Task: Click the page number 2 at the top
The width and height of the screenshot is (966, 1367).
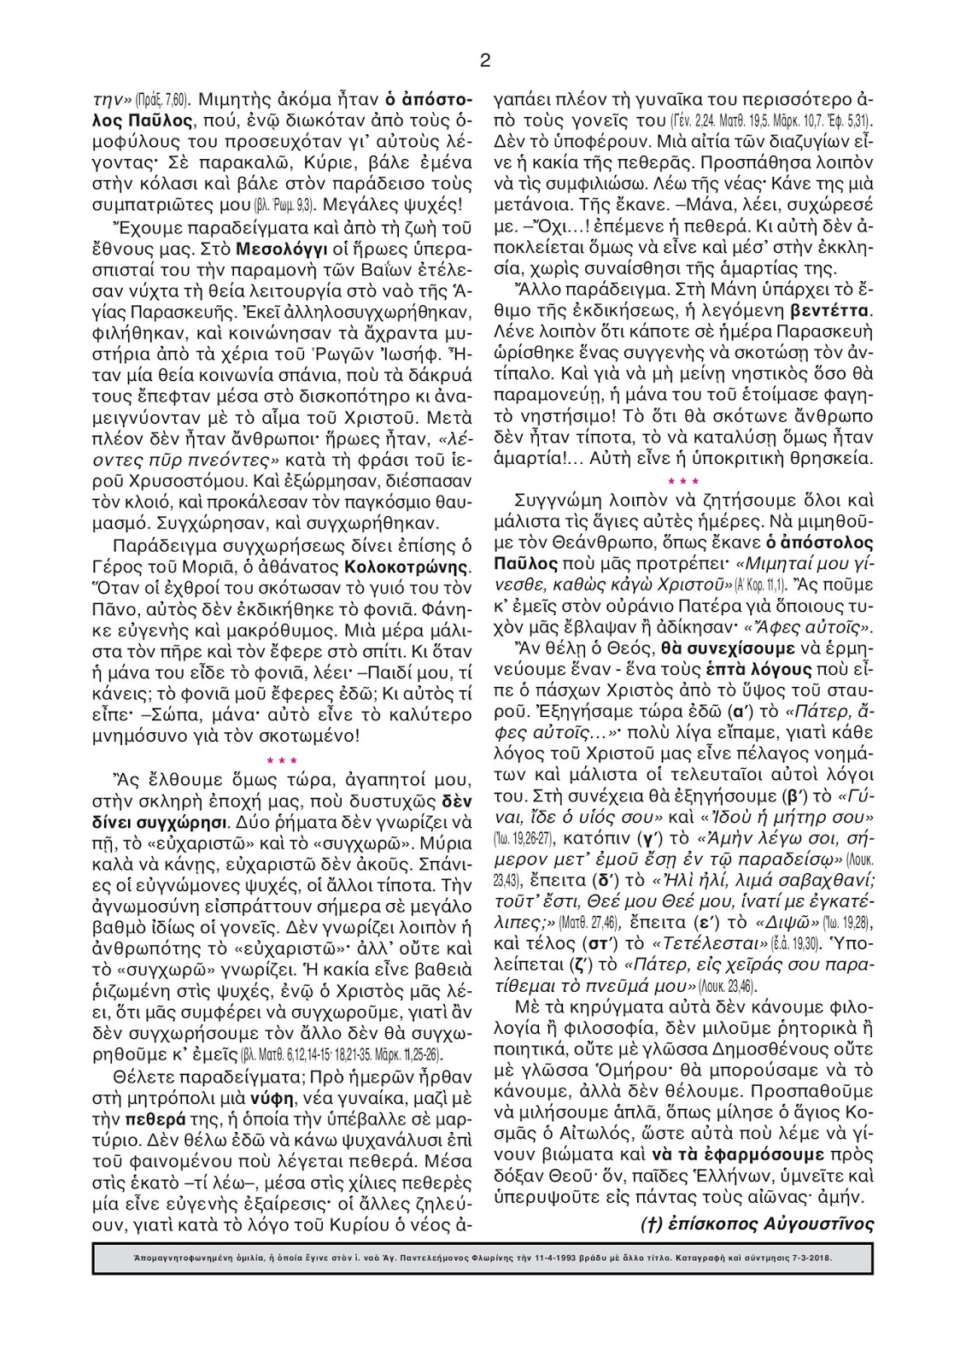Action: pos(485,60)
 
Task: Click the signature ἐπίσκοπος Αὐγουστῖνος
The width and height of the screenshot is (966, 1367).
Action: pos(757,1223)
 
